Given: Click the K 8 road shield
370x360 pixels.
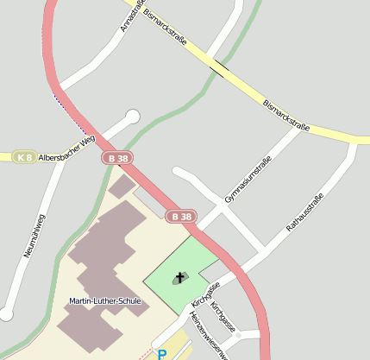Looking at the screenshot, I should point(24,157).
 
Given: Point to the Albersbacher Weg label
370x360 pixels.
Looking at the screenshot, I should point(66,148).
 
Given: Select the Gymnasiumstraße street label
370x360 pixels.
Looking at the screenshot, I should point(248,180).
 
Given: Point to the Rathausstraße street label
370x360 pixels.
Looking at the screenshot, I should point(304,214).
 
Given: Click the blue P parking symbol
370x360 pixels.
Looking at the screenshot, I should point(161,354).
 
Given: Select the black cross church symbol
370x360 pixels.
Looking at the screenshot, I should point(179,276).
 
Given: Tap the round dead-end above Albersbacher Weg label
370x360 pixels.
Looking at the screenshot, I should point(132,116).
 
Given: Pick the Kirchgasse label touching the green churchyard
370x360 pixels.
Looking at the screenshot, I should point(206,294).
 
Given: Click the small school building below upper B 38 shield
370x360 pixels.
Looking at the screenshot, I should point(122,186).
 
